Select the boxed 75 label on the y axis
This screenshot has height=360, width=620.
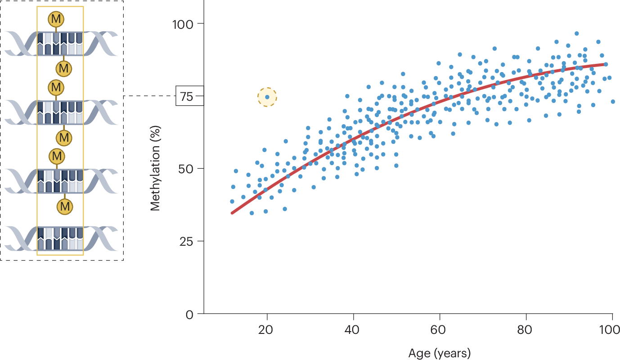point(189,96)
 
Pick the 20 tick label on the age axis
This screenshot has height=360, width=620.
point(267,329)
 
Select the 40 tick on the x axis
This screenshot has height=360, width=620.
point(353,329)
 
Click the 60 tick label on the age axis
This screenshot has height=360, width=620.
point(440,329)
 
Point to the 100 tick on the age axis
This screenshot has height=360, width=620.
point(611,329)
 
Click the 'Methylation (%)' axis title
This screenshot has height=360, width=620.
point(155,169)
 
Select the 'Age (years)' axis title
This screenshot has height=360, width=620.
point(439,353)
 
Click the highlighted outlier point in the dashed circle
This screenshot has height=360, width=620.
point(267,97)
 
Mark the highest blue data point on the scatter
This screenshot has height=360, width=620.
point(576,33)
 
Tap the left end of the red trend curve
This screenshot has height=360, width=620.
point(232,213)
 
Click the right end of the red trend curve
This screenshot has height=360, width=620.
point(604,64)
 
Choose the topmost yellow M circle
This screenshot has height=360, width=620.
point(56,19)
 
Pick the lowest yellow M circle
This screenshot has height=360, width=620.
point(65,207)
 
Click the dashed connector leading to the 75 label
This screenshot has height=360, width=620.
point(149,96)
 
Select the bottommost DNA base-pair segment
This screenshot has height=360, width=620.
point(60,238)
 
